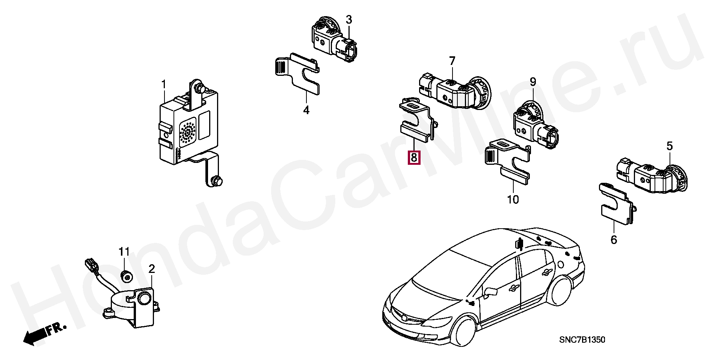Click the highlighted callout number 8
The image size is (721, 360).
[414, 157]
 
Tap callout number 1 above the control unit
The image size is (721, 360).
[164, 84]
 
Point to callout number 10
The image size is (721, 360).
[513, 199]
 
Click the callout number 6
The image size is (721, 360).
[614, 239]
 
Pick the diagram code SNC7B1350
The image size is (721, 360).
[582, 340]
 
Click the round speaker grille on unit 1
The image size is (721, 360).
[188, 132]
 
